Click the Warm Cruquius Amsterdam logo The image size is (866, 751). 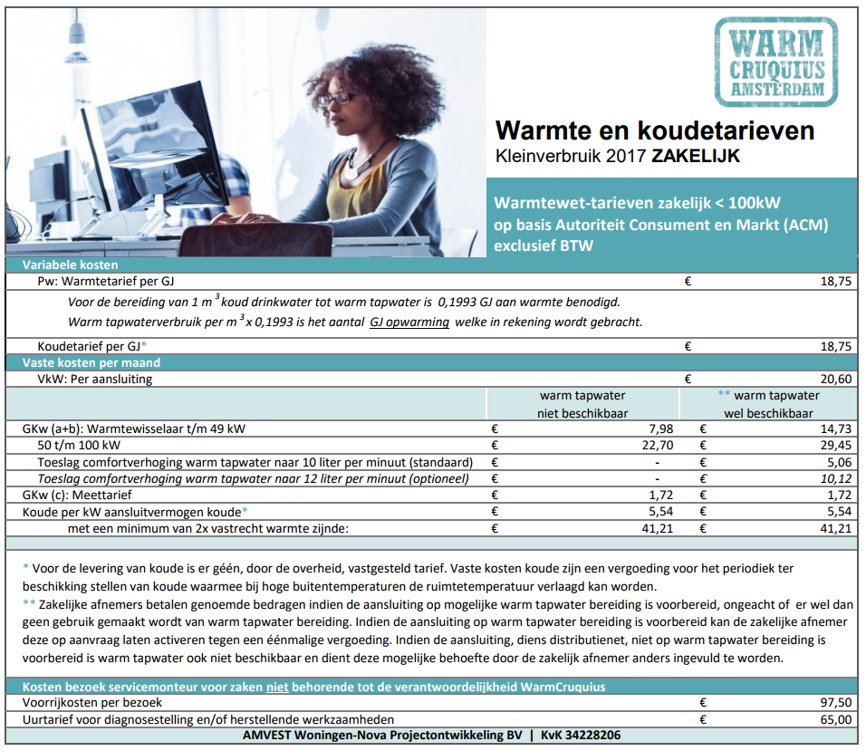pos(783,62)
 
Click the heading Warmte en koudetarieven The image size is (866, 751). pos(655,130)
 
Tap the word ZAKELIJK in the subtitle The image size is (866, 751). pos(695,156)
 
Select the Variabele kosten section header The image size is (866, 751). pos(71,265)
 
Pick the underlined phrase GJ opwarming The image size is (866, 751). pos(410,323)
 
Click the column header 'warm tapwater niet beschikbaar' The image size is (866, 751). pos(582,404)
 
